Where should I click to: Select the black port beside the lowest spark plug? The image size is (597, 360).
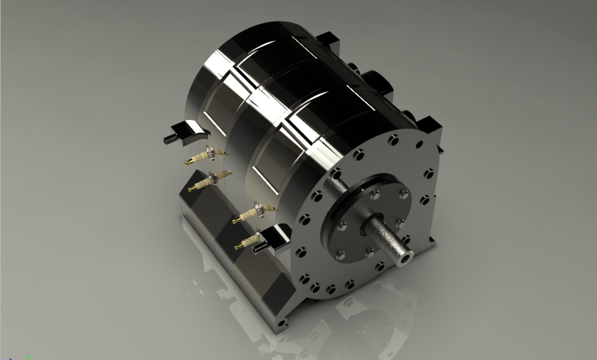coord(272,239)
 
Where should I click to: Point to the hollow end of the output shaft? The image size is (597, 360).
coord(406,255)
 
